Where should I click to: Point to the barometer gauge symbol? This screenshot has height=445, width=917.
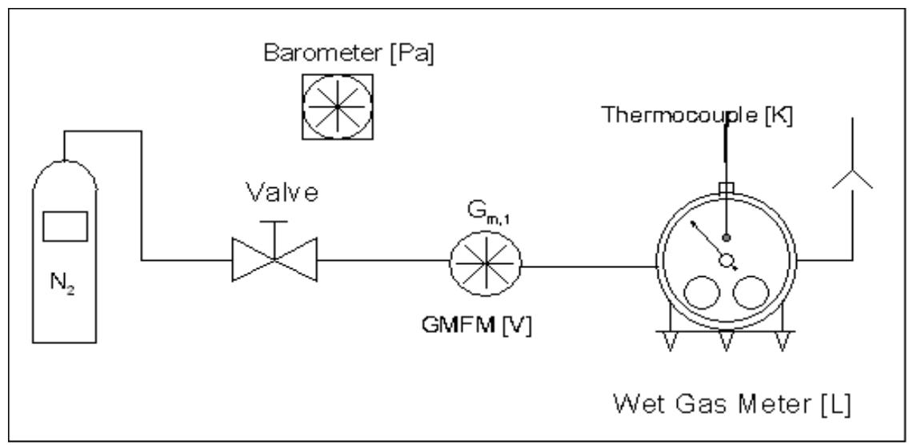[x=337, y=104]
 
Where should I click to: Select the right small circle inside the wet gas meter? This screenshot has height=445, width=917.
[x=750, y=295]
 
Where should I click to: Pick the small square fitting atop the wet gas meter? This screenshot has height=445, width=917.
[x=727, y=190]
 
